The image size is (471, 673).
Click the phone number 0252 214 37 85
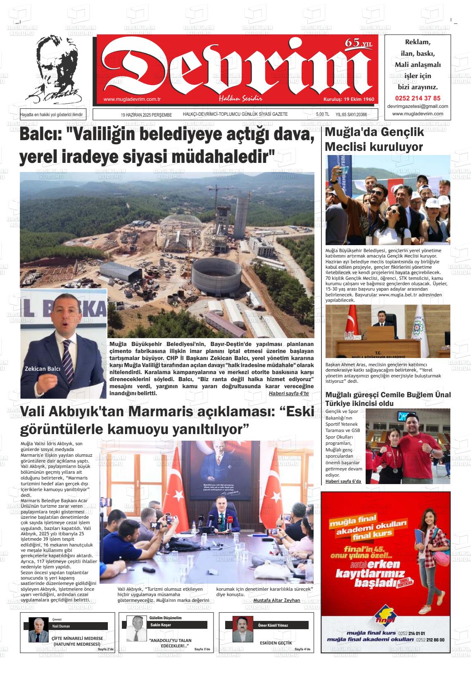coord(417,98)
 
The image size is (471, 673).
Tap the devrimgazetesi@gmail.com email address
coord(417,106)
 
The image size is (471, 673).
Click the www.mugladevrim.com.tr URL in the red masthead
coord(132,99)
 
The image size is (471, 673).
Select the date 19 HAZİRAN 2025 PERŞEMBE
coord(146,115)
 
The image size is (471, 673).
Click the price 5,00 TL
coord(322,115)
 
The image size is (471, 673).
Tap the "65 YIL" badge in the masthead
coord(358,43)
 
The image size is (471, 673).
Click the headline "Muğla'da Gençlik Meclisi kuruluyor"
coord(374,139)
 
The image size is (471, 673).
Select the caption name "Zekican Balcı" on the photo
coord(43,369)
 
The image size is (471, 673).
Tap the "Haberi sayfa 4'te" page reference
coord(288,393)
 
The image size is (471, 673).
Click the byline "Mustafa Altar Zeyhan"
coord(276,600)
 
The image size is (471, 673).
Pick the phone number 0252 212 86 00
coord(430,640)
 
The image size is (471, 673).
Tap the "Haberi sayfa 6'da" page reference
coord(343,481)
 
